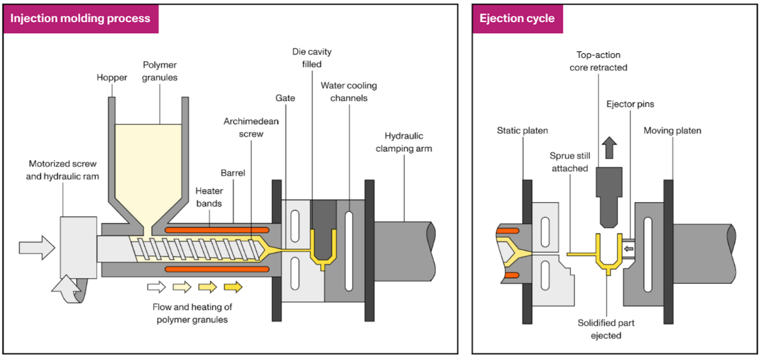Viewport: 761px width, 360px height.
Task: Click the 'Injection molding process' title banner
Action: [x=80, y=18]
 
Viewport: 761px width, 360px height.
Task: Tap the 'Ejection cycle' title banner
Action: [x=517, y=18]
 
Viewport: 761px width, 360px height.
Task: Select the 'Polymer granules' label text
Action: [x=161, y=71]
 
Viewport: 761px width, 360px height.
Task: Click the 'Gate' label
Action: [x=285, y=98]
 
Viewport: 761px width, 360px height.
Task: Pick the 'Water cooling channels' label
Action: [x=348, y=92]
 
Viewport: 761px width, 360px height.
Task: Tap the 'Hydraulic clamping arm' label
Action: [x=404, y=142]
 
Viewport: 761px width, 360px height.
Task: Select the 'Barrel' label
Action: [x=233, y=174]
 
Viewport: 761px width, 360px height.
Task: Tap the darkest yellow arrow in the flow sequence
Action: [x=233, y=287]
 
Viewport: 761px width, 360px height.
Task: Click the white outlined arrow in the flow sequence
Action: [x=157, y=287]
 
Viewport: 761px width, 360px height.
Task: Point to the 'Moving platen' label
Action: [x=672, y=131]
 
